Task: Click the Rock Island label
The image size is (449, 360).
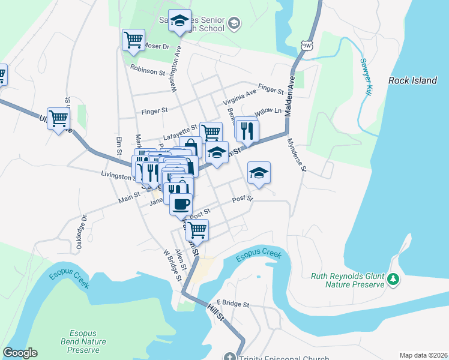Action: point(412,80)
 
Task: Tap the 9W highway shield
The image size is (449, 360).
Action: point(307,45)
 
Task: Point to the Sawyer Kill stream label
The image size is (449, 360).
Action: point(367,76)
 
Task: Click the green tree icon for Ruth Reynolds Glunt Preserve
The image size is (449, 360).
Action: point(393,279)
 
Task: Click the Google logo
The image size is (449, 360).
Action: point(20,353)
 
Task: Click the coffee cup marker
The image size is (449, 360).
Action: point(181,203)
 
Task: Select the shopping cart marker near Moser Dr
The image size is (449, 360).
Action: point(133,40)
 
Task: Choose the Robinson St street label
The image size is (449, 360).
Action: point(147,71)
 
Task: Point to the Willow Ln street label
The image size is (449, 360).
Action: point(268,112)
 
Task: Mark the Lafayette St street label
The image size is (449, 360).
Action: point(180,128)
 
